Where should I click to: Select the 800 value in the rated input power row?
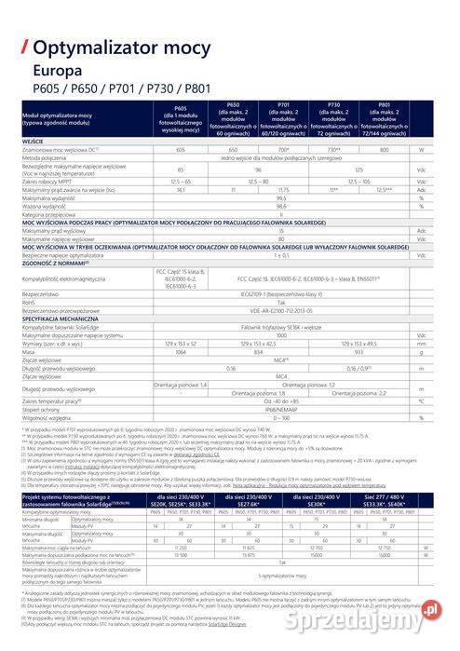pos(385,149)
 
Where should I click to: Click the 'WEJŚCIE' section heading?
pos(35,140)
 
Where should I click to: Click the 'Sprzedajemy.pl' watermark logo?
pos(410,610)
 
